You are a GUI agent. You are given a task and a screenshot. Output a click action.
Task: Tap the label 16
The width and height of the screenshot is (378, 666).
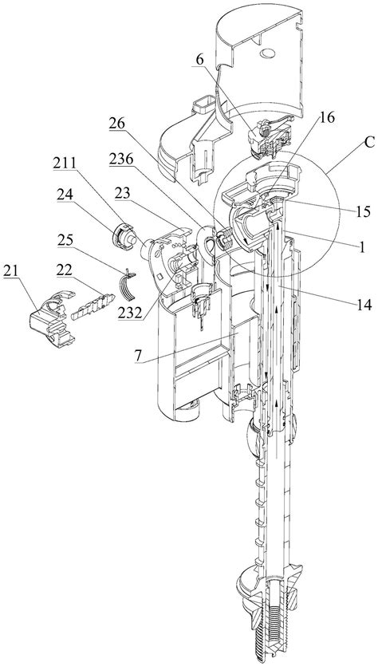pyautogui.click(x=326, y=118)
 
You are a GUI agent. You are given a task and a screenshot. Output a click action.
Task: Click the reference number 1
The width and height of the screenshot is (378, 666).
pyautogui.click(x=361, y=246)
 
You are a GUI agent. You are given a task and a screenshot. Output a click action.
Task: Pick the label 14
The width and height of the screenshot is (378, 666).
pyautogui.click(x=363, y=305)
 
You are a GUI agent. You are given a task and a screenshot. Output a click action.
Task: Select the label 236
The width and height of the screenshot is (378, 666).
pyautogui.click(x=120, y=158)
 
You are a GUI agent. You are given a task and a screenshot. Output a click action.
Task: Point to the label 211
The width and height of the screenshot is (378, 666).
pyautogui.click(x=64, y=164)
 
